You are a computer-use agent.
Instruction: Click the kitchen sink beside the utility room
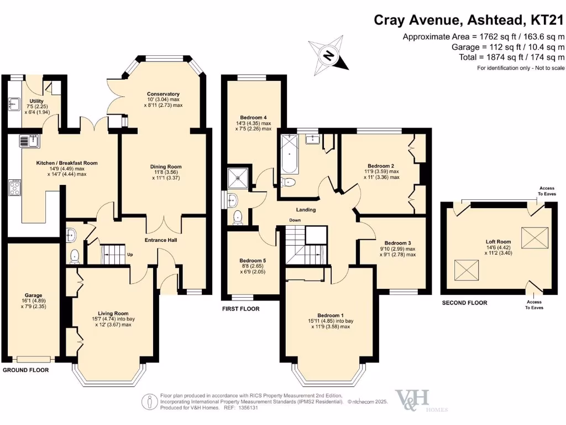coord(29,142)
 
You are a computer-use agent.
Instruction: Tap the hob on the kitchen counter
coord(15,190)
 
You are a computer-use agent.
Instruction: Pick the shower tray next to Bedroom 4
coord(239,178)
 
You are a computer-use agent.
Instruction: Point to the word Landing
coord(306,210)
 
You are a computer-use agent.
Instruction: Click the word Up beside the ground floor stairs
coord(131,255)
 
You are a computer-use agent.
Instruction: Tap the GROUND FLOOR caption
coord(25,370)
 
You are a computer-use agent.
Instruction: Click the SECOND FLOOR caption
coord(464,303)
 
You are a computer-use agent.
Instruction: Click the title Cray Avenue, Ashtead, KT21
coord(469,20)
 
